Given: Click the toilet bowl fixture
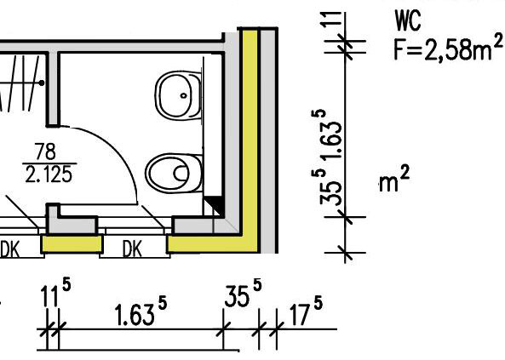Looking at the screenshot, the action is click(174, 173).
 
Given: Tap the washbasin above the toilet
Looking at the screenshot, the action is click(178, 95).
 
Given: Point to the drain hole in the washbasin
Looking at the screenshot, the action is click(184, 95).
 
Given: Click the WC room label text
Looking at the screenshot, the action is click(408, 20).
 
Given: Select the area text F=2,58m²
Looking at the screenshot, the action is click(448, 48).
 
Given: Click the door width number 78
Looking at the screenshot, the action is click(45, 151).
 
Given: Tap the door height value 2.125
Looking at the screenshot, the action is click(49, 175).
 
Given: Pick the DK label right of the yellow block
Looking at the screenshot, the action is click(132, 249).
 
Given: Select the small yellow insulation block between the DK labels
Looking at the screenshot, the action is click(72, 243).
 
